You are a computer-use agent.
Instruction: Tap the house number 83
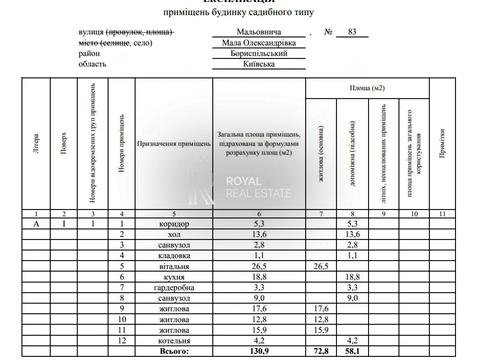point(351,32)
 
